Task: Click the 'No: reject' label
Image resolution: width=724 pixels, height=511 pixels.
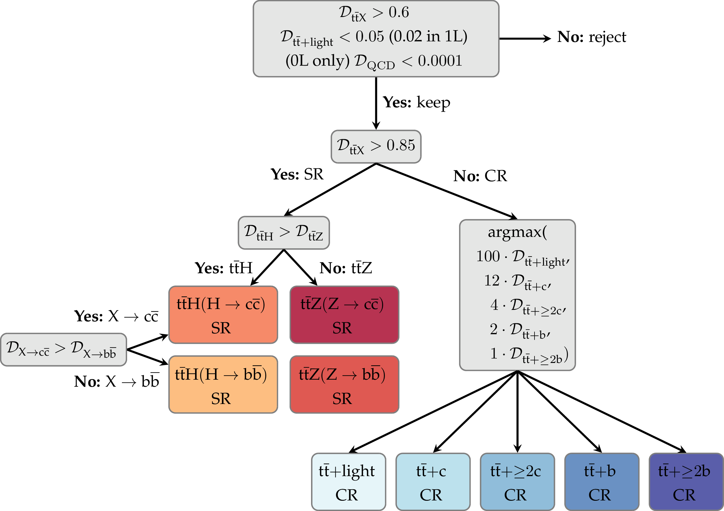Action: pyautogui.click(x=591, y=37)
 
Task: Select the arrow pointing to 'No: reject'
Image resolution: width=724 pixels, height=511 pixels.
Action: pyautogui.click(x=525, y=38)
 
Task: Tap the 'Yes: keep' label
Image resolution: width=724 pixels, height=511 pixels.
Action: pyautogui.click(x=416, y=103)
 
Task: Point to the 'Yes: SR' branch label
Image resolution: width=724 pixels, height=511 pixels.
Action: pyautogui.click(x=297, y=174)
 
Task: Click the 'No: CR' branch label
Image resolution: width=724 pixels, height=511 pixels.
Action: pyautogui.click(x=480, y=176)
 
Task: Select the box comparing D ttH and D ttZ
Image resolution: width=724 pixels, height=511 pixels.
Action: pyautogui.click(x=284, y=232)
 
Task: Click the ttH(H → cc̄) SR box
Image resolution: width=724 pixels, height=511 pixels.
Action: pyautogui.click(x=223, y=315)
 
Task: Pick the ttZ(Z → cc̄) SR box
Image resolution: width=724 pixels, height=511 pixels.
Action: pyautogui.click(x=344, y=315)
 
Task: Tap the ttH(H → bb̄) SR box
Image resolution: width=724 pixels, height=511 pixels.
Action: pyautogui.click(x=223, y=384)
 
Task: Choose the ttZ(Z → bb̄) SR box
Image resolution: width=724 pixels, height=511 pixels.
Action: pyautogui.click(x=344, y=384)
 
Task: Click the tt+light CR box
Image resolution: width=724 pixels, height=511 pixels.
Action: pyautogui.click(x=349, y=482)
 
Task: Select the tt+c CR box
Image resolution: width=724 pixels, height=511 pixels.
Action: pyautogui.click(x=433, y=482)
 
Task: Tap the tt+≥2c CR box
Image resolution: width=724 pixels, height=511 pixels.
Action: pyautogui.click(x=517, y=482)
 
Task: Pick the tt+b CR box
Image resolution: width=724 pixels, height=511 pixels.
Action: pyautogui.click(x=601, y=482)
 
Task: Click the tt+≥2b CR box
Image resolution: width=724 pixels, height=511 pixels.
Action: pyautogui.click(x=686, y=482)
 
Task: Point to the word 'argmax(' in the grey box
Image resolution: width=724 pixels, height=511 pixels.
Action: pyautogui.click(x=517, y=232)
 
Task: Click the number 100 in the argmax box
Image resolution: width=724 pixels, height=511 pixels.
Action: pyautogui.click(x=488, y=256)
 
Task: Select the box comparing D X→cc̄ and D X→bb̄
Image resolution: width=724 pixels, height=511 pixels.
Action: pyautogui.click(x=63, y=349)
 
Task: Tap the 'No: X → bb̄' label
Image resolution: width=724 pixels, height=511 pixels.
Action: pyautogui.click(x=116, y=382)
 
